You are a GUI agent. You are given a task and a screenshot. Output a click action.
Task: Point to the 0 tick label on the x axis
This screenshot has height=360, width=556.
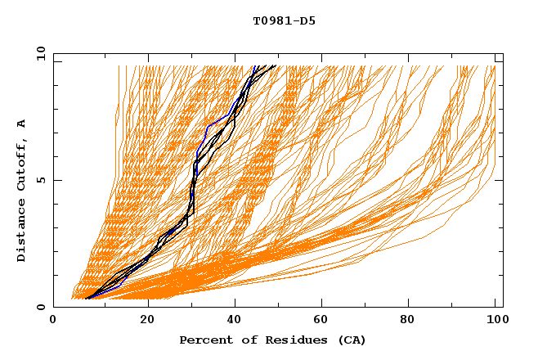click(x=54, y=320)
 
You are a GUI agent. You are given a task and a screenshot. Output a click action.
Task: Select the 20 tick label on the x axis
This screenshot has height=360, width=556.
click(x=147, y=320)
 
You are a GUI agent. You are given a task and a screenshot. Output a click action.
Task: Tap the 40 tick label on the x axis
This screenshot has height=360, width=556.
click(x=235, y=320)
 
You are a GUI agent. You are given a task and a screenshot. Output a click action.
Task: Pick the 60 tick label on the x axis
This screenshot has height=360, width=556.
click(x=324, y=320)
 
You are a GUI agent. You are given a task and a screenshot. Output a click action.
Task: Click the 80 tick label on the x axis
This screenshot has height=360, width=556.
click(x=412, y=320)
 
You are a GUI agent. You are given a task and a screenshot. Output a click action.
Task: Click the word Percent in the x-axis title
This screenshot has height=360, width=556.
click(x=204, y=340)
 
